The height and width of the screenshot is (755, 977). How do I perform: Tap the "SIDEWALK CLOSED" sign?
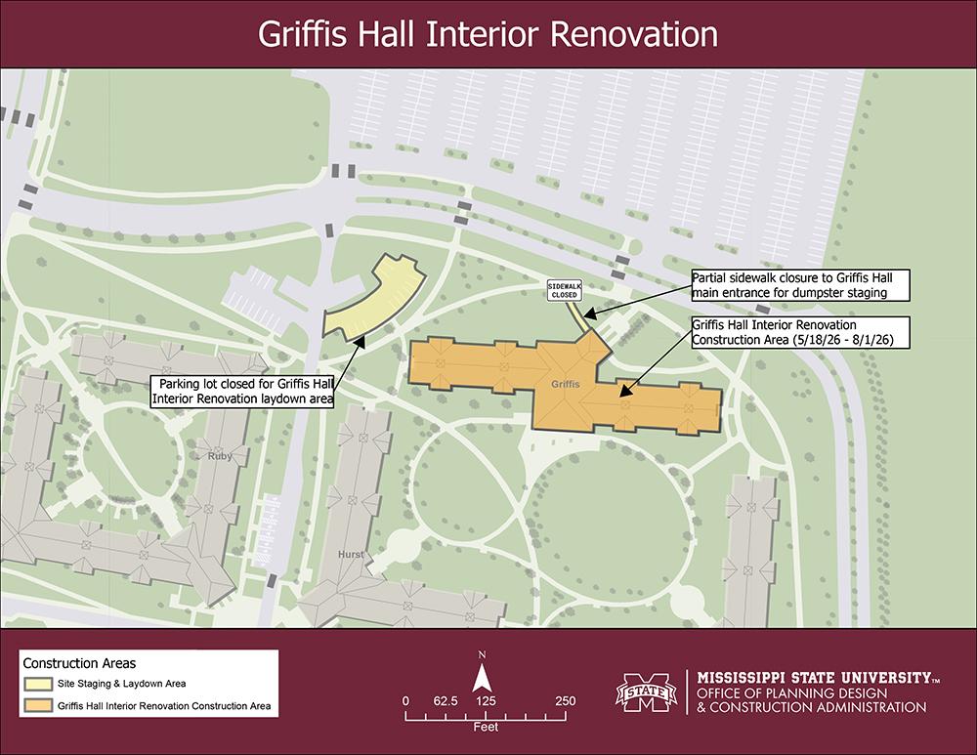pos(565,288)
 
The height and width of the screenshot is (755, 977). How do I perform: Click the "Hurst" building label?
pos(351,555)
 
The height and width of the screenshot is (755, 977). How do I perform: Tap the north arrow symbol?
pos(482,676)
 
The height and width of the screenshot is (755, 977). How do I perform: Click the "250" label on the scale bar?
pos(565,701)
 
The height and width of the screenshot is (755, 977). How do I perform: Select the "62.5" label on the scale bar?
pos(446,701)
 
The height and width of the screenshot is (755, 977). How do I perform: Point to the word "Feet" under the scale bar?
pos(486,729)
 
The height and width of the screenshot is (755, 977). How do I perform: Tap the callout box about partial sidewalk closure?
pos(800,283)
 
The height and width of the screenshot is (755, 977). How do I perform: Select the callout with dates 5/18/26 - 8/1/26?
pos(800,331)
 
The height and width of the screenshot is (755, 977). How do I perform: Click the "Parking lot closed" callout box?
pos(243,392)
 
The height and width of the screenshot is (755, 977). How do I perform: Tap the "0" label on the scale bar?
pos(405,701)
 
